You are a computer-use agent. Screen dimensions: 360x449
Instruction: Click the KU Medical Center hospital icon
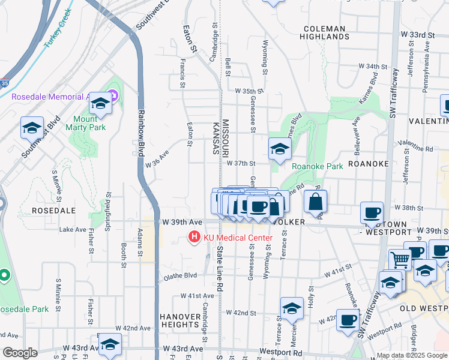[x=194, y=238]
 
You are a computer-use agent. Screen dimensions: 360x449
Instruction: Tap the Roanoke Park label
[x=317, y=166]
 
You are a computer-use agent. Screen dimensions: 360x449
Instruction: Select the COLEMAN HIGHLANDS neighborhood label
[x=325, y=32]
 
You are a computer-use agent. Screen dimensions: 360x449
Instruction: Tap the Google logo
[x=20, y=353]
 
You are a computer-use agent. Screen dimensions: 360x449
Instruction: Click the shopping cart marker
[x=400, y=260]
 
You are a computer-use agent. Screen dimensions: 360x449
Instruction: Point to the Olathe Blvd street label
[x=180, y=276]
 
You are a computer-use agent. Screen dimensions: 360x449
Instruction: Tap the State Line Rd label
[x=220, y=269]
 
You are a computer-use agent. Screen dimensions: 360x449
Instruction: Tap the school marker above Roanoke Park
[x=279, y=150]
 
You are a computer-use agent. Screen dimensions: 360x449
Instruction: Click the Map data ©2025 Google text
[x=412, y=355]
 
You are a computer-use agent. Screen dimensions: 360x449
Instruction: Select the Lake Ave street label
[x=73, y=229]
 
